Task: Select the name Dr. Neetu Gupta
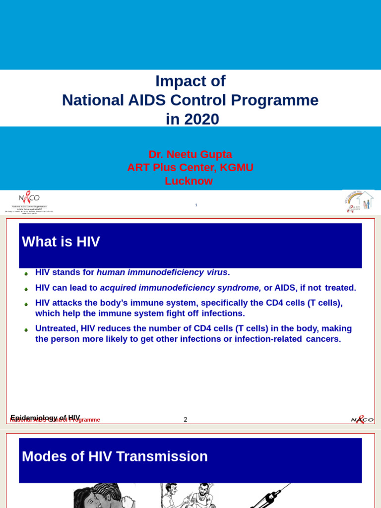point(190,154)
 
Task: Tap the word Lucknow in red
point(189,181)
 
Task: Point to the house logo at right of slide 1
point(359,202)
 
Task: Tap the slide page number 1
point(196,205)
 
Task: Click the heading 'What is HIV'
point(61,242)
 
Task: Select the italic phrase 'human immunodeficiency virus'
point(162,272)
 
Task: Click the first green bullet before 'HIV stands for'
point(26,273)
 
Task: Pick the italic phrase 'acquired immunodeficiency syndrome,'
point(181,288)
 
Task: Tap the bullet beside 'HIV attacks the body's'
point(26,304)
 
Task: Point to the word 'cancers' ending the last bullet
point(322,339)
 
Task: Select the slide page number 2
point(186,420)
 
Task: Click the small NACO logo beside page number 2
point(362,419)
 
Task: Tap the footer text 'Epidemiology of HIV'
point(45,418)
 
